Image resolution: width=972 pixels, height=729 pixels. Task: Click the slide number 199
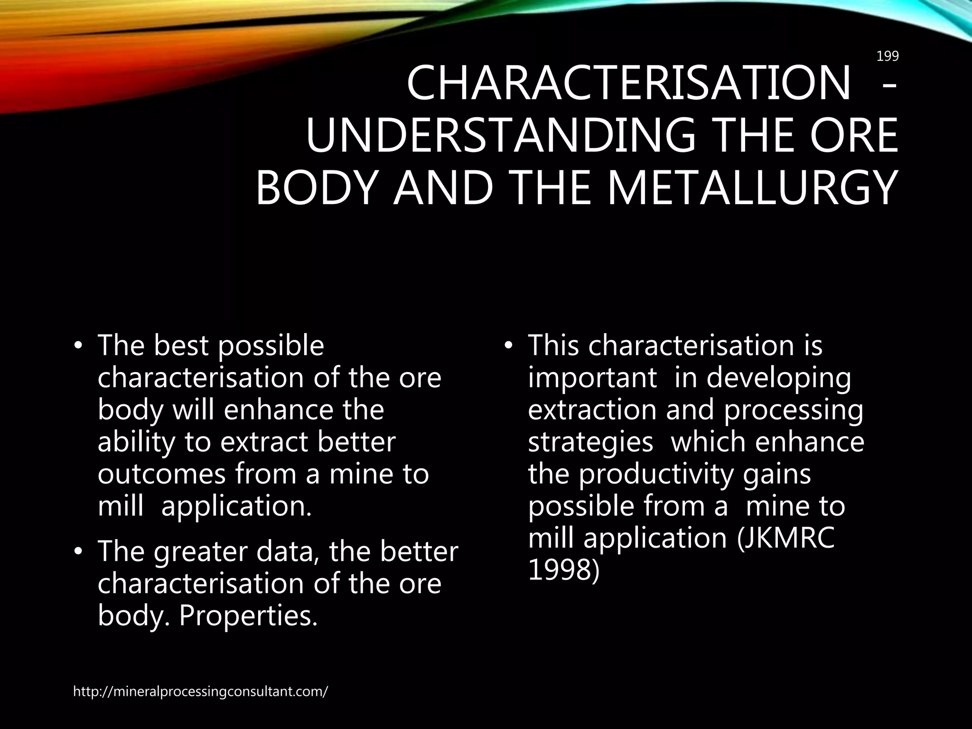(x=887, y=56)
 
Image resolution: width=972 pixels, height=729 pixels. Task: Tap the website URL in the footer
(x=200, y=692)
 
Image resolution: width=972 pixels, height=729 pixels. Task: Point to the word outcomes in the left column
(x=161, y=475)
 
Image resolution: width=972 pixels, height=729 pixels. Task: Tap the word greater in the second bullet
(x=201, y=552)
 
